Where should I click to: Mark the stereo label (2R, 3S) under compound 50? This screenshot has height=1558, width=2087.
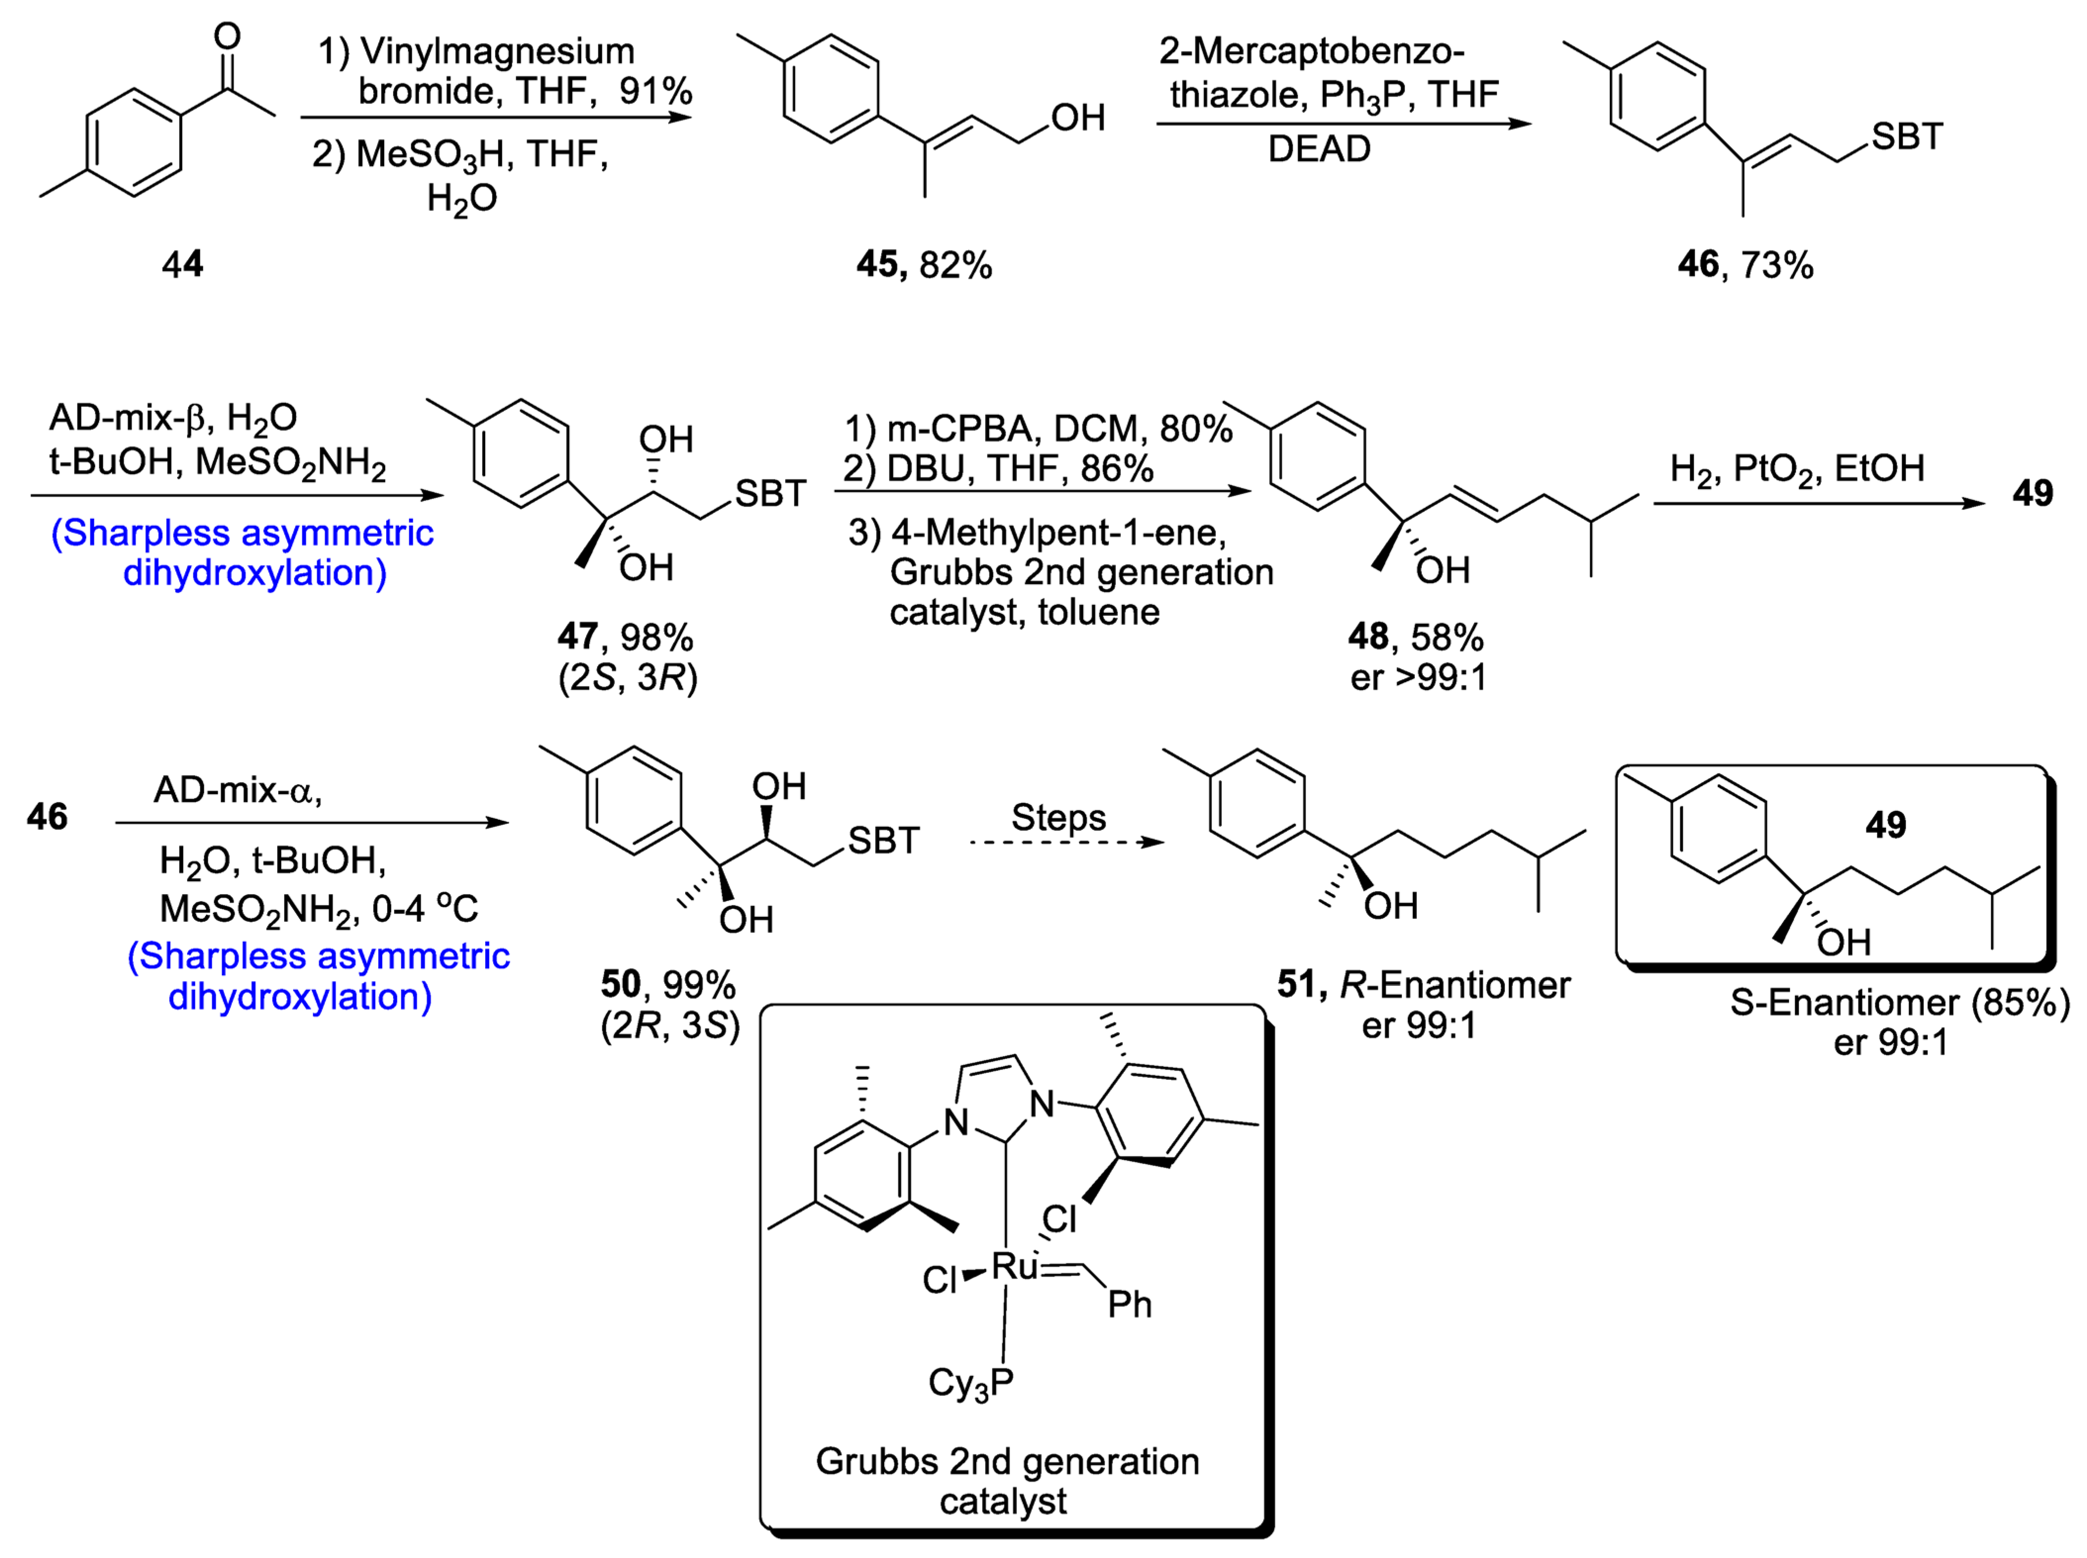point(671,1025)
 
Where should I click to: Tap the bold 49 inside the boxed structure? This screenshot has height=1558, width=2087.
point(1885,825)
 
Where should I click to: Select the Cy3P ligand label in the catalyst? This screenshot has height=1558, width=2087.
point(970,1383)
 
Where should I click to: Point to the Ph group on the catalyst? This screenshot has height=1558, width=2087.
point(1129,1305)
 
